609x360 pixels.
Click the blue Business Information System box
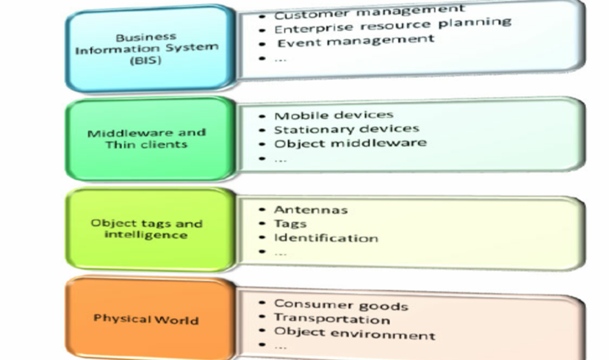pyautogui.click(x=145, y=48)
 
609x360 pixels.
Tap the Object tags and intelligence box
pyautogui.click(x=145, y=228)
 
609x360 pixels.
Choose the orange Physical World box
pyautogui.click(x=145, y=319)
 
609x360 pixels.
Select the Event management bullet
pyautogui.click(x=356, y=40)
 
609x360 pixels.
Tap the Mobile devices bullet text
pyautogui.click(x=334, y=115)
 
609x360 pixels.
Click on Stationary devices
pyautogui.click(x=347, y=129)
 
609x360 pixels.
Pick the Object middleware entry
pyautogui.click(x=350, y=143)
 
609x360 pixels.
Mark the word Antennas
pyautogui.click(x=311, y=210)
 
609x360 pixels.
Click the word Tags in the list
pyautogui.click(x=290, y=224)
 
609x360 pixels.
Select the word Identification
pyautogui.click(x=326, y=238)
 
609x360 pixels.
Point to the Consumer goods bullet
pyautogui.click(x=341, y=305)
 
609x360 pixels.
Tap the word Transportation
pyautogui.click(x=332, y=319)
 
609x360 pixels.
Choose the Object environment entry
pyautogui.click(x=355, y=334)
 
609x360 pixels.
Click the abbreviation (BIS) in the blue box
pyautogui.click(x=145, y=62)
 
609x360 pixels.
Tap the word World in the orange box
pyautogui.click(x=177, y=319)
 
